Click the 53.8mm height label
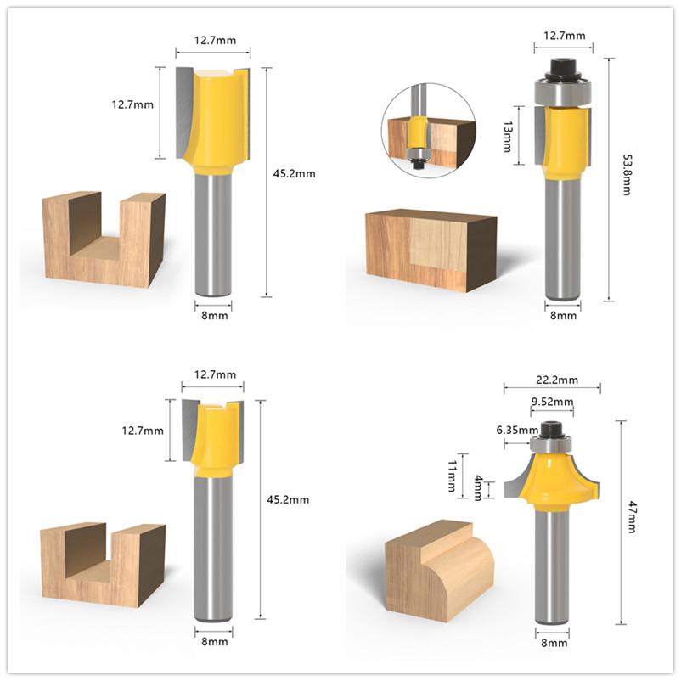626,175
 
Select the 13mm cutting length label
508,135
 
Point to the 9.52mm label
552,402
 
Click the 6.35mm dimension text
513,430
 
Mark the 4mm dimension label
478,487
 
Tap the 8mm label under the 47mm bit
554,644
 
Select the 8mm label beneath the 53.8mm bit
563,315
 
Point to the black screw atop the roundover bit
553,430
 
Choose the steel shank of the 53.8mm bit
562,238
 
